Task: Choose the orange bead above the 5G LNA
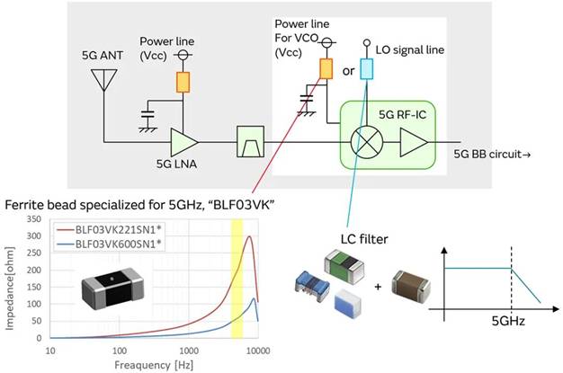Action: pyautogui.click(x=183, y=81)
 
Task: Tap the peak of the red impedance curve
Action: pyautogui.click(x=249, y=238)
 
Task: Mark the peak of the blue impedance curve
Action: pyautogui.click(x=255, y=299)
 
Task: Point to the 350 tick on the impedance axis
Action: pyautogui.click(x=36, y=218)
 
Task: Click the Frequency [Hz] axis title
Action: pyautogui.click(x=154, y=364)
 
